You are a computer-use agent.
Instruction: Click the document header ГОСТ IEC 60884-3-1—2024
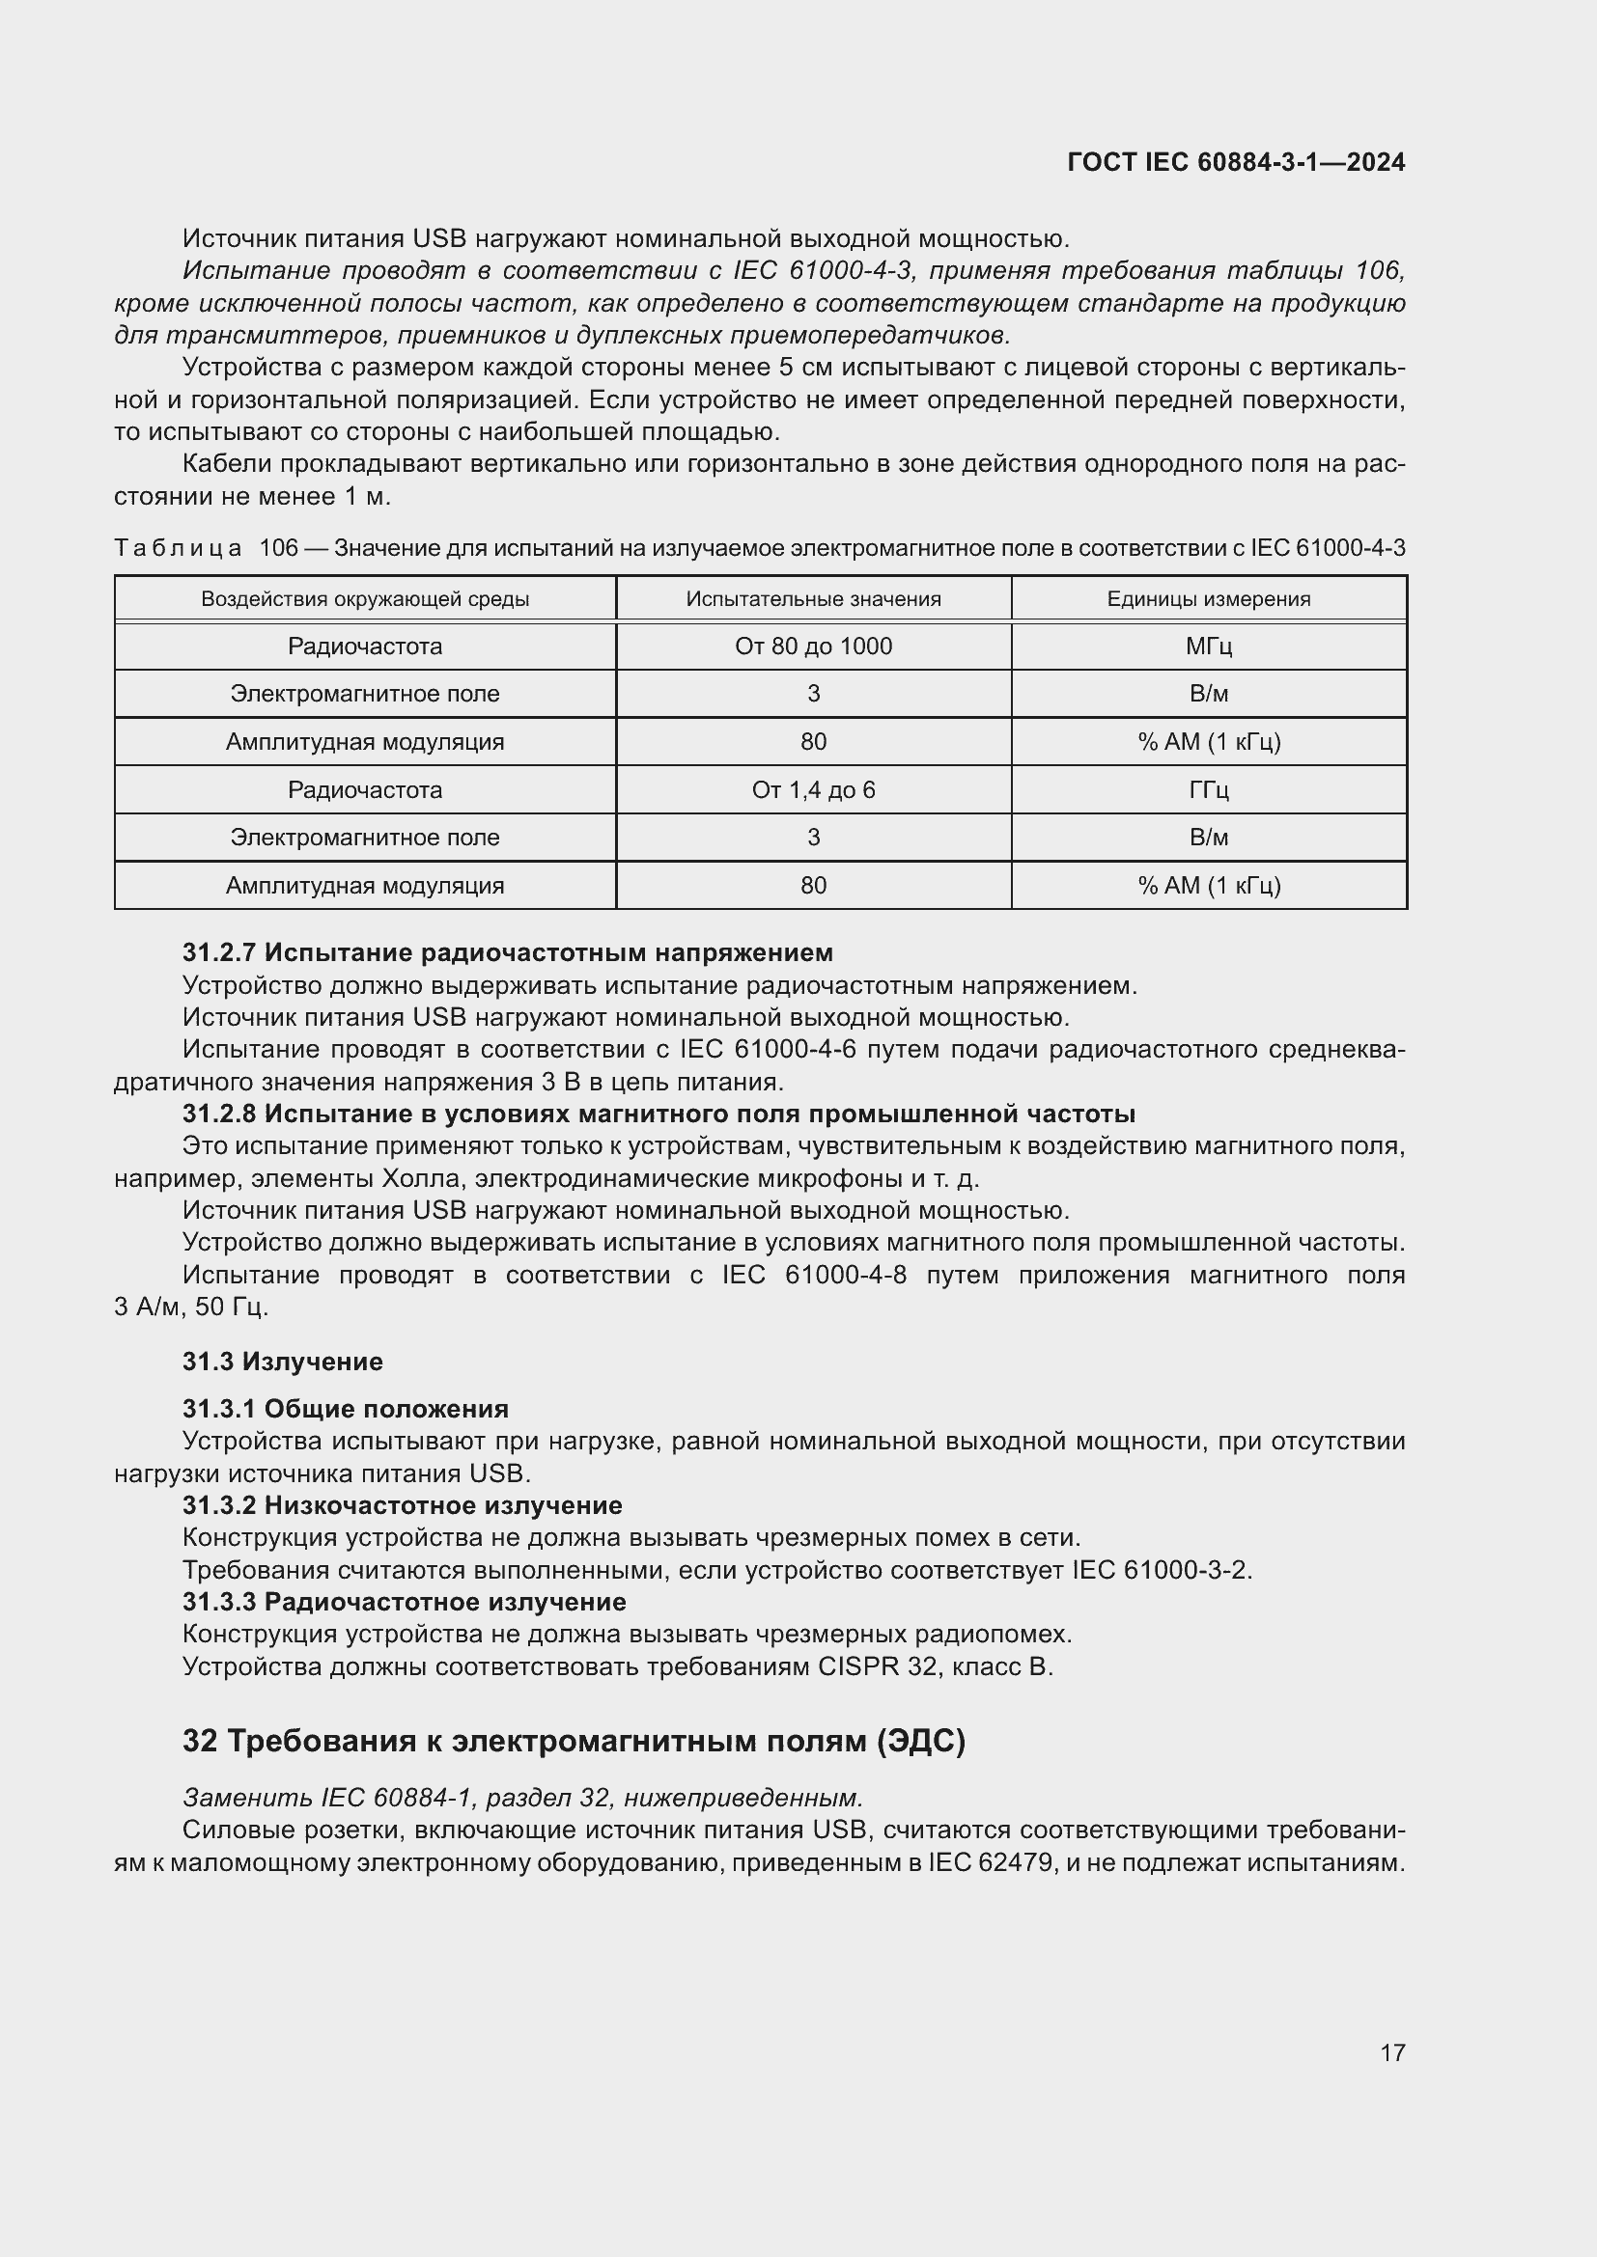[x=1235, y=162]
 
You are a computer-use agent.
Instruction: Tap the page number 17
[x=1392, y=2052]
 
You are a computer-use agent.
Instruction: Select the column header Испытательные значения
[x=813, y=598]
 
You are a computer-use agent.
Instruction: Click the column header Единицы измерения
[x=1209, y=598]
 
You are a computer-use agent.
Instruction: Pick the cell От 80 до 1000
[x=813, y=646]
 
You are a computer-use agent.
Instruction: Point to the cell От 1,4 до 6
[x=813, y=789]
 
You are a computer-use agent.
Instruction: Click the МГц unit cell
[x=1209, y=646]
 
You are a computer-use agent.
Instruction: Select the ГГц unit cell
[x=1209, y=789]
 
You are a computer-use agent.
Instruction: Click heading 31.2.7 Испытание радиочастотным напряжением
[x=508, y=952]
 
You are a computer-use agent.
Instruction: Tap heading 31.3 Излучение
[x=282, y=1362]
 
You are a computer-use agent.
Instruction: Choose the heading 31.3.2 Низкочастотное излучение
[x=403, y=1505]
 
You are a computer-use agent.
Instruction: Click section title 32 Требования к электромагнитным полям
[x=574, y=1741]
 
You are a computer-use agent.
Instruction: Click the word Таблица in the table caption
[x=178, y=547]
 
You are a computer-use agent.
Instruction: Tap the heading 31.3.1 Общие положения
[x=345, y=1409]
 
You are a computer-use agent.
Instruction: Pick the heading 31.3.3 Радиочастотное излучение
[x=405, y=1602]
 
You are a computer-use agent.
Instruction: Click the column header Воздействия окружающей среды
[x=365, y=598]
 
